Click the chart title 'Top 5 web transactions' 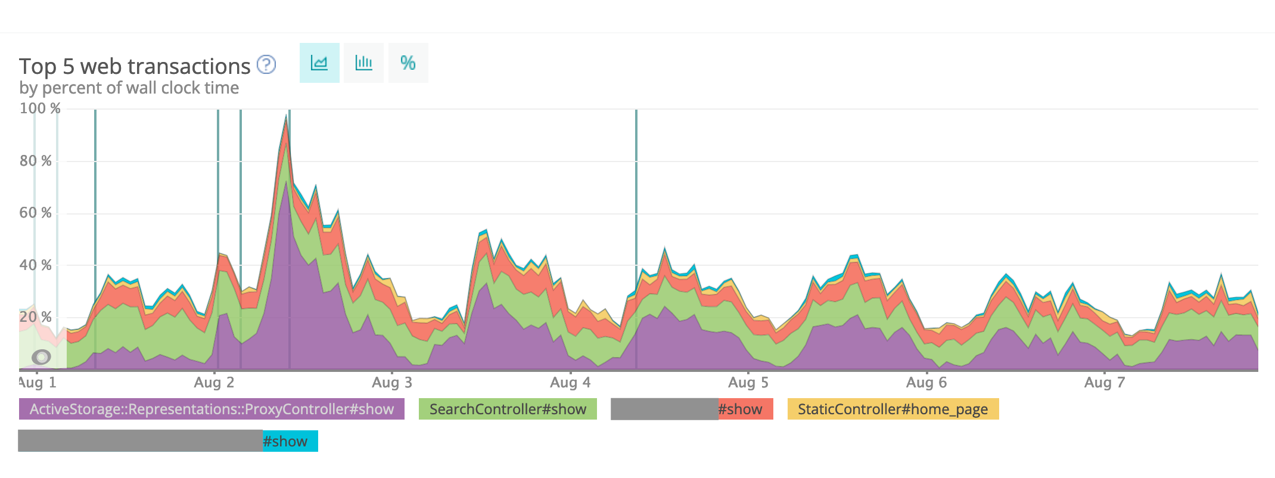[x=135, y=66]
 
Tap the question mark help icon [x=266, y=64]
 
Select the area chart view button [x=319, y=63]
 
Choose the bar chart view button [x=363, y=63]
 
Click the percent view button [x=408, y=63]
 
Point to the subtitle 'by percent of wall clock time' [x=129, y=88]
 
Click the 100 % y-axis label [x=40, y=108]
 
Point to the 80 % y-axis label [x=36, y=161]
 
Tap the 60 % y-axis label [x=36, y=213]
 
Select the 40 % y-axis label [x=36, y=265]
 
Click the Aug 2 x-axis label [x=214, y=383]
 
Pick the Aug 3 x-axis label [x=392, y=383]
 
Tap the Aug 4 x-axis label [x=570, y=383]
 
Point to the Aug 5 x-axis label [x=748, y=383]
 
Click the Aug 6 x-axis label [x=926, y=383]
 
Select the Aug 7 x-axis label [x=1105, y=383]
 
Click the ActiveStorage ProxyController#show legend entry [x=212, y=409]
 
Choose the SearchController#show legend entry [x=508, y=409]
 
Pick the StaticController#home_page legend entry [x=893, y=409]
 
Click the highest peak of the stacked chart [x=287, y=117]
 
